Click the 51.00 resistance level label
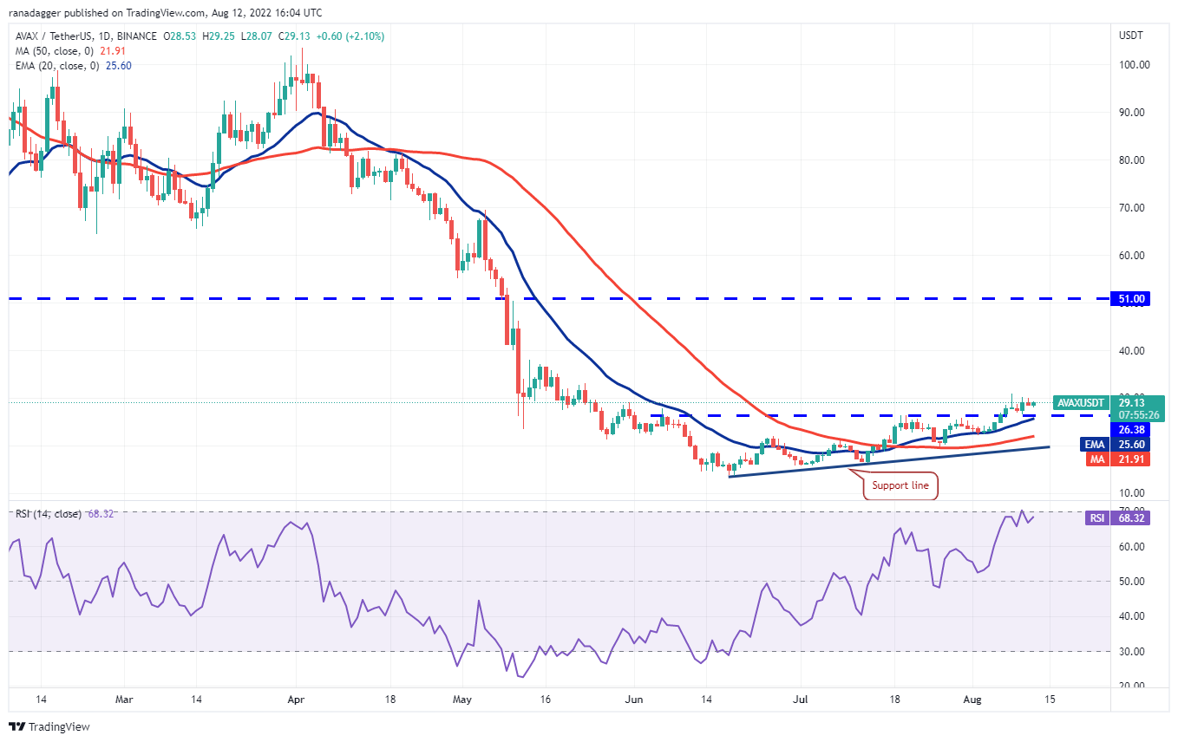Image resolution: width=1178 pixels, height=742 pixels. [x=1131, y=298]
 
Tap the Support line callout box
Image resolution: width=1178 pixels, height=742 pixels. [x=900, y=485]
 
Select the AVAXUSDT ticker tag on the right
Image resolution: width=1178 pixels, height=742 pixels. [x=1081, y=402]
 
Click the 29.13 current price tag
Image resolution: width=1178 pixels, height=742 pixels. [x=1131, y=402]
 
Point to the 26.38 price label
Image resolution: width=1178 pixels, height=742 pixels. [x=1131, y=429]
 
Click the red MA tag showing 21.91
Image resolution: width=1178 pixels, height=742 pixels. [x=1131, y=459]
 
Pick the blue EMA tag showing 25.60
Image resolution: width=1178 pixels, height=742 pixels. [x=1131, y=444]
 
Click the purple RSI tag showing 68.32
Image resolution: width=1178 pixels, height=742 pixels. [x=1131, y=517]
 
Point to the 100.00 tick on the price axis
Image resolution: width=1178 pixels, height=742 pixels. [x=1133, y=65]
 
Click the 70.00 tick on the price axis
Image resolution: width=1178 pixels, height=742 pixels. [x=1133, y=208]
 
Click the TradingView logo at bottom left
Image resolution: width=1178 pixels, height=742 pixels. [x=49, y=726]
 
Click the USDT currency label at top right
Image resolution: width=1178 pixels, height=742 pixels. [x=1131, y=36]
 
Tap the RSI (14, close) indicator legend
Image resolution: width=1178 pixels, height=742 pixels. [x=49, y=514]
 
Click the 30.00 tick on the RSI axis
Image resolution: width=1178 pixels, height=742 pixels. [x=1129, y=651]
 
